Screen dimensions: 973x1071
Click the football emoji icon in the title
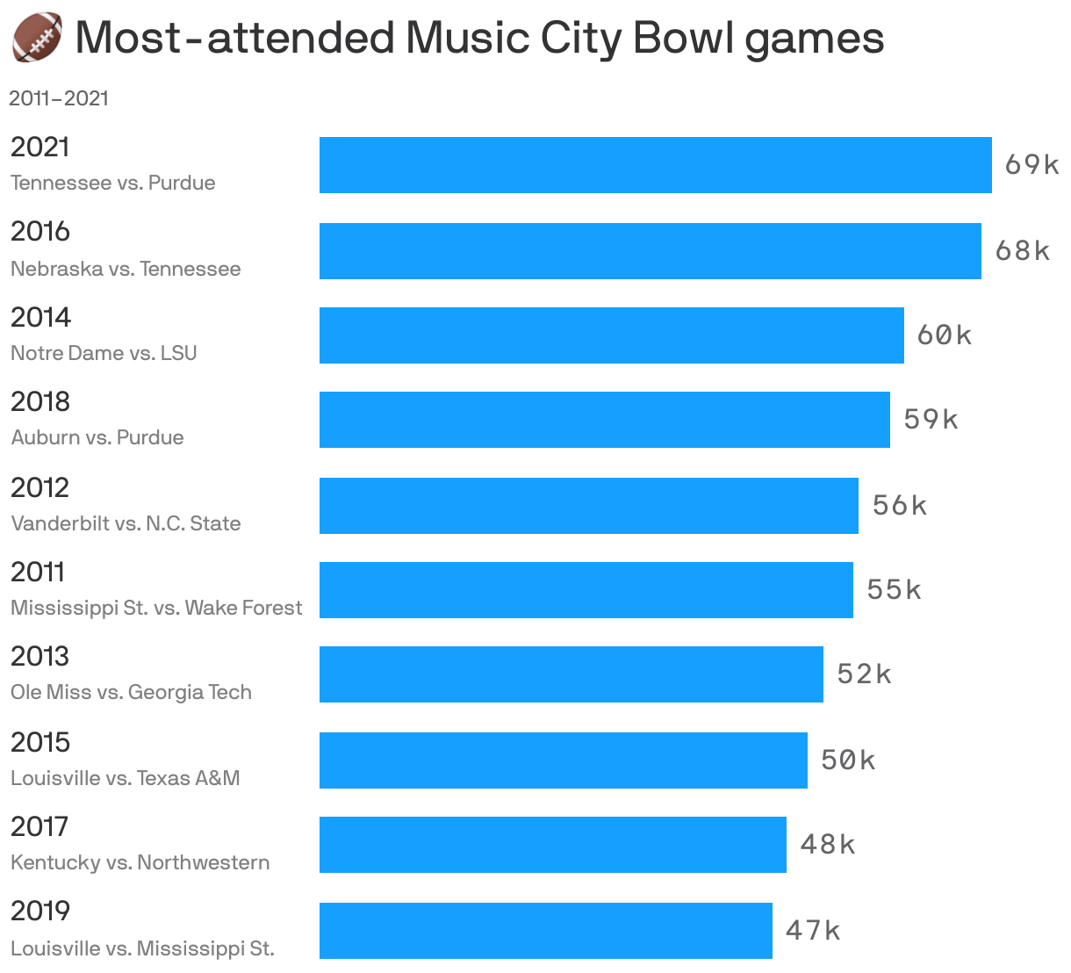37,38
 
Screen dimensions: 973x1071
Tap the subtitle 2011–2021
59,98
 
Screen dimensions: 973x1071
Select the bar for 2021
655,165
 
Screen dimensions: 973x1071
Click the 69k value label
1031,165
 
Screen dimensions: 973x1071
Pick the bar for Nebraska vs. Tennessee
650,251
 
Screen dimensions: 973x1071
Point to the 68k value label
1022,251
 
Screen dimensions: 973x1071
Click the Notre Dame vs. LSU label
104,353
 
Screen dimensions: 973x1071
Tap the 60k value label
945,335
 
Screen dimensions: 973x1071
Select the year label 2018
40,401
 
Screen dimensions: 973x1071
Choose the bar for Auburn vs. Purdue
604,420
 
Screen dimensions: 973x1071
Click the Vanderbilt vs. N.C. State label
126,523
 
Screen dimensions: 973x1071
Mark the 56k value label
900,506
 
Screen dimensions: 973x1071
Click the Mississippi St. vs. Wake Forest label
156,608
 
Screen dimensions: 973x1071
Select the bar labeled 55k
586,590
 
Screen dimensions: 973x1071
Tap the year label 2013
40,656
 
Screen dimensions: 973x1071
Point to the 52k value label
864,674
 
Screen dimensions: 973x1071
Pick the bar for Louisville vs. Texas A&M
563,760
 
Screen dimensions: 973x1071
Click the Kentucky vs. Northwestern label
140,862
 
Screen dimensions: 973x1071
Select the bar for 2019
545,931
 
